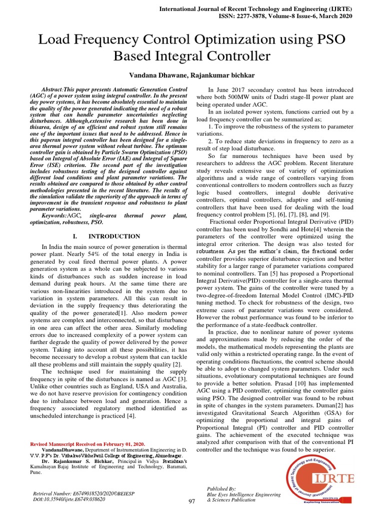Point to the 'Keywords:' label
click(x=57, y=215)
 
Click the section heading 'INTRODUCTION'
click(x=114, y=236)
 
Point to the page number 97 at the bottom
click(x=191, y=501)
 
